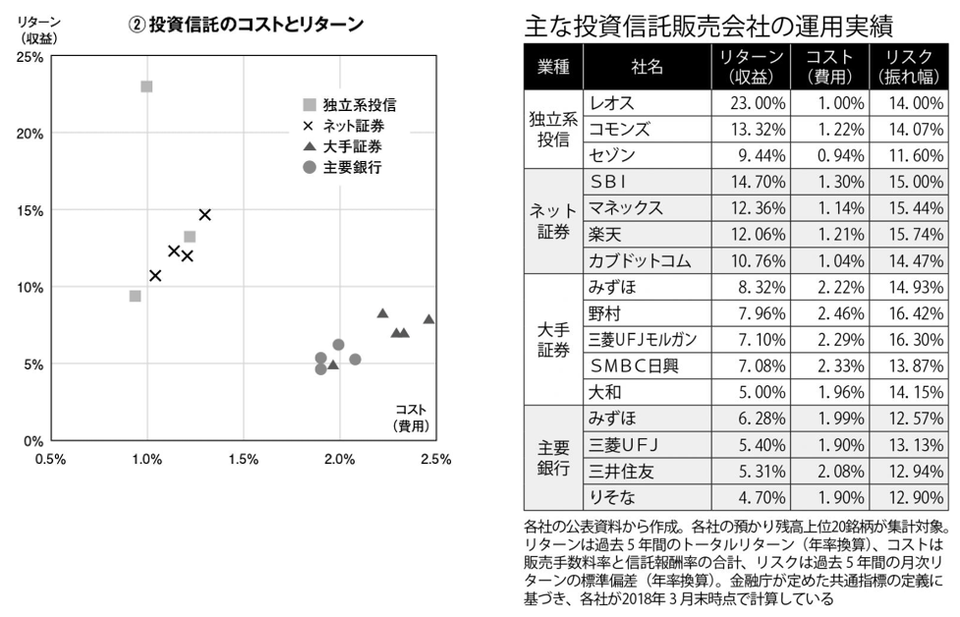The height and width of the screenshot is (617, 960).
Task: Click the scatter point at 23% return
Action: click(146, 86)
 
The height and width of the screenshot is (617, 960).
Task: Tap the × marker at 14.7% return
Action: click(204, 214)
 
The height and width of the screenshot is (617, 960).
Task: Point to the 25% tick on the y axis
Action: click(28, 57)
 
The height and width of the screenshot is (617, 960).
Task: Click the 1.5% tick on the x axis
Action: click(243, 459)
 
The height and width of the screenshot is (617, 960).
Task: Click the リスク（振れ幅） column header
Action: click(909, 68)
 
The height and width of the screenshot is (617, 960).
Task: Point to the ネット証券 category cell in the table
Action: click(554, 221)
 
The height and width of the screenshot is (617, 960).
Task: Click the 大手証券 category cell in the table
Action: click(554, 340)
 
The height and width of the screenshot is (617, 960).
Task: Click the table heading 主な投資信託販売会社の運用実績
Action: click(713, 25)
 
